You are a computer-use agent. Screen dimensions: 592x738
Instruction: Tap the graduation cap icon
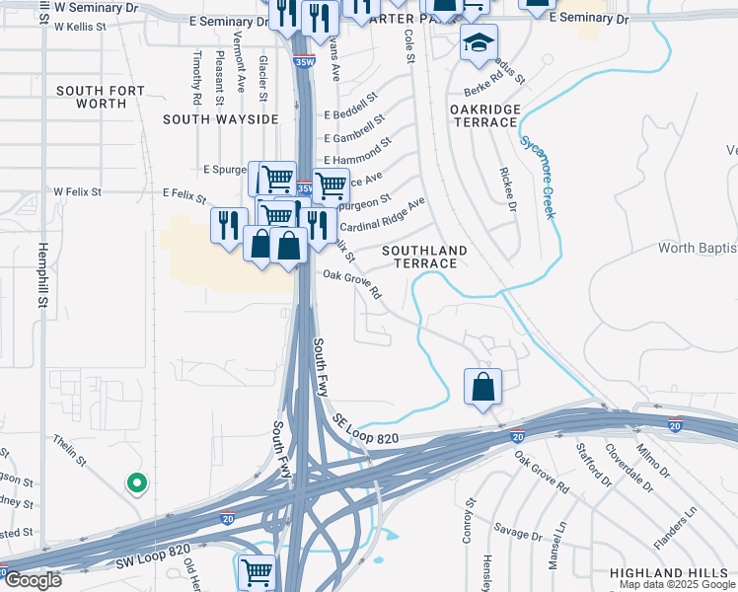(479, 43)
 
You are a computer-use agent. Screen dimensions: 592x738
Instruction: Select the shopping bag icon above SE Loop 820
(483, 388)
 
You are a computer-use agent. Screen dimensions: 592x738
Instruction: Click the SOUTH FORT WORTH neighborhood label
(101, 97)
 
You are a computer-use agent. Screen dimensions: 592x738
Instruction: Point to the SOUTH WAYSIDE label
(221, 118)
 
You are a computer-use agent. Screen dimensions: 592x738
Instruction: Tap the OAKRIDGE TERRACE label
(484, 114)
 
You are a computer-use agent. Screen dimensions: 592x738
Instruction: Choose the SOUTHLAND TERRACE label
(425, 257)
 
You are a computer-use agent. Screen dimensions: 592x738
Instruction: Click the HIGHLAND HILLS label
(673, 572)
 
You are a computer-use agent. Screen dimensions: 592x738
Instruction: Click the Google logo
(32, 580)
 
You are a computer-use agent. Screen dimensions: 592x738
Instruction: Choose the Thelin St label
(71, 451)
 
